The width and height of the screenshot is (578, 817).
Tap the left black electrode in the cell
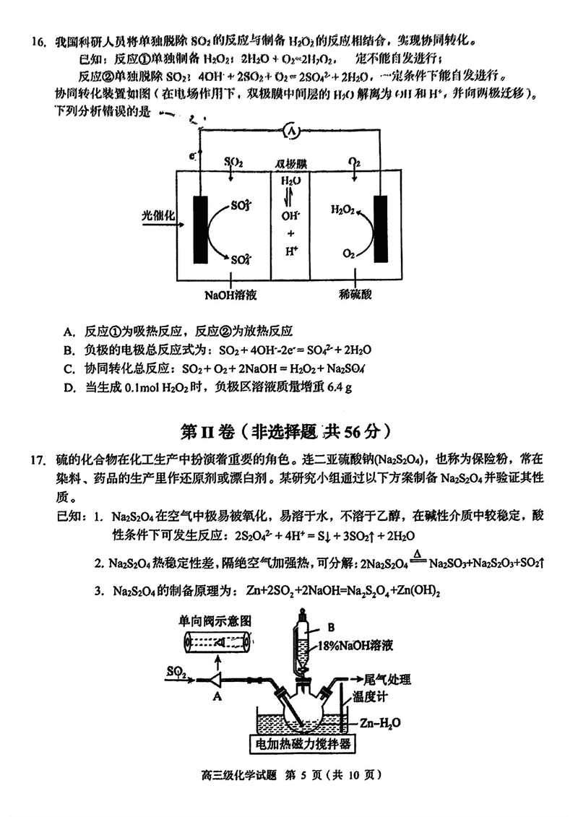tap(201, 229)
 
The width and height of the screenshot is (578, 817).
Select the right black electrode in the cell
tap(381, 228)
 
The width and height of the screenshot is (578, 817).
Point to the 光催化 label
tap(160, 216)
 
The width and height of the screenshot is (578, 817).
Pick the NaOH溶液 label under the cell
tap(230, 295)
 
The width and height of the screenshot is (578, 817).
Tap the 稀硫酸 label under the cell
tap(355, 295)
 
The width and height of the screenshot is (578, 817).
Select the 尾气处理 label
tap(384, 679)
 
